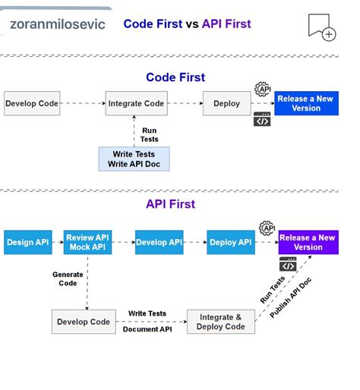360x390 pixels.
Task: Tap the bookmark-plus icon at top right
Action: pos(321,27)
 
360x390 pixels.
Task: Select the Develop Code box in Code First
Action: pos(32,103)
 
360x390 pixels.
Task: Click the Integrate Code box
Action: pos(136,103)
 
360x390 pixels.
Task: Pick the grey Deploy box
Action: pos(226,103)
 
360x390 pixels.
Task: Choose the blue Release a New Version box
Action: pos(306,103)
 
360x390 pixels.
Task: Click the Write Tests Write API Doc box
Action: pos(134,159)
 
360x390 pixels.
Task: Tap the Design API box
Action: pos(28,242)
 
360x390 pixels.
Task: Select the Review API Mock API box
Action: pos(87,242)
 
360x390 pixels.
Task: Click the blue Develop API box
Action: pos(159,242)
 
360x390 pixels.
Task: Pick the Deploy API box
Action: pos(231,242)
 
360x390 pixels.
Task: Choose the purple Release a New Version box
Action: pos(308,242)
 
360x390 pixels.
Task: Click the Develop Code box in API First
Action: pos(84,322)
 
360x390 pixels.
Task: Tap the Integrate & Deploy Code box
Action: pos(221,322)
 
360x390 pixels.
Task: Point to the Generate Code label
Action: pos(68,278)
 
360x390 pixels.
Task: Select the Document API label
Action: pos(147,329)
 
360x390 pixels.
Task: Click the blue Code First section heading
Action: pos(175,77)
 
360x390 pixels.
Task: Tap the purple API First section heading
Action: pos(170,204)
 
